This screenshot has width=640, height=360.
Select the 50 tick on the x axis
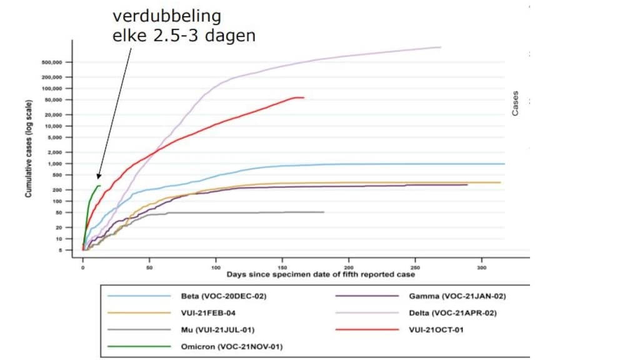coord(149,267)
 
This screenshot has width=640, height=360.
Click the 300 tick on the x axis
coord(481,267)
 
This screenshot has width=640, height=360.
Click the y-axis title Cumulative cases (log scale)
coord(29,157)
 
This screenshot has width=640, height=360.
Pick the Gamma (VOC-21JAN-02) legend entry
coord(461,296)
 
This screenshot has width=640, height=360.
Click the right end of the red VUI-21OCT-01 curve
coord(304,97)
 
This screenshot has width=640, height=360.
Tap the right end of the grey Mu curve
coord(324,212)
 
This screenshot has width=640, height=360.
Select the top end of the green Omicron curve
coord(100,186)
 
